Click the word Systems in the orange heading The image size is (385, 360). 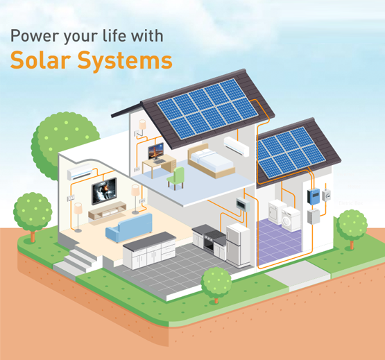tap(125, 61)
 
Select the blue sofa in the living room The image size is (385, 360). tap(129, 228)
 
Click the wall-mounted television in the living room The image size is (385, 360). tap(104, 191)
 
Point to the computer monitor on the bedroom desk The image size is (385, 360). tap(156, 151)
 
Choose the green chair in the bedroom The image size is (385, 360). tap(176, 178)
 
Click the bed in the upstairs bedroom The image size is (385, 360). tap(211, 161)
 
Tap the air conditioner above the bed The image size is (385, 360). tap(237, 146)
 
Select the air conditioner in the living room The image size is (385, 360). tap(80, 171)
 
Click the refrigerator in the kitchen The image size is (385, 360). tap(238, 246)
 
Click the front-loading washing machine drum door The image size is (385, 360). tap(286, 221)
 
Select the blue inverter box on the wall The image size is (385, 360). tap(314, 196)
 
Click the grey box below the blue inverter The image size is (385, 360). tap(314, 216)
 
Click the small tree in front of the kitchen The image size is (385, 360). tap(216, 284)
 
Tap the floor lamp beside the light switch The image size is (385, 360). tap(78, 217)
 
